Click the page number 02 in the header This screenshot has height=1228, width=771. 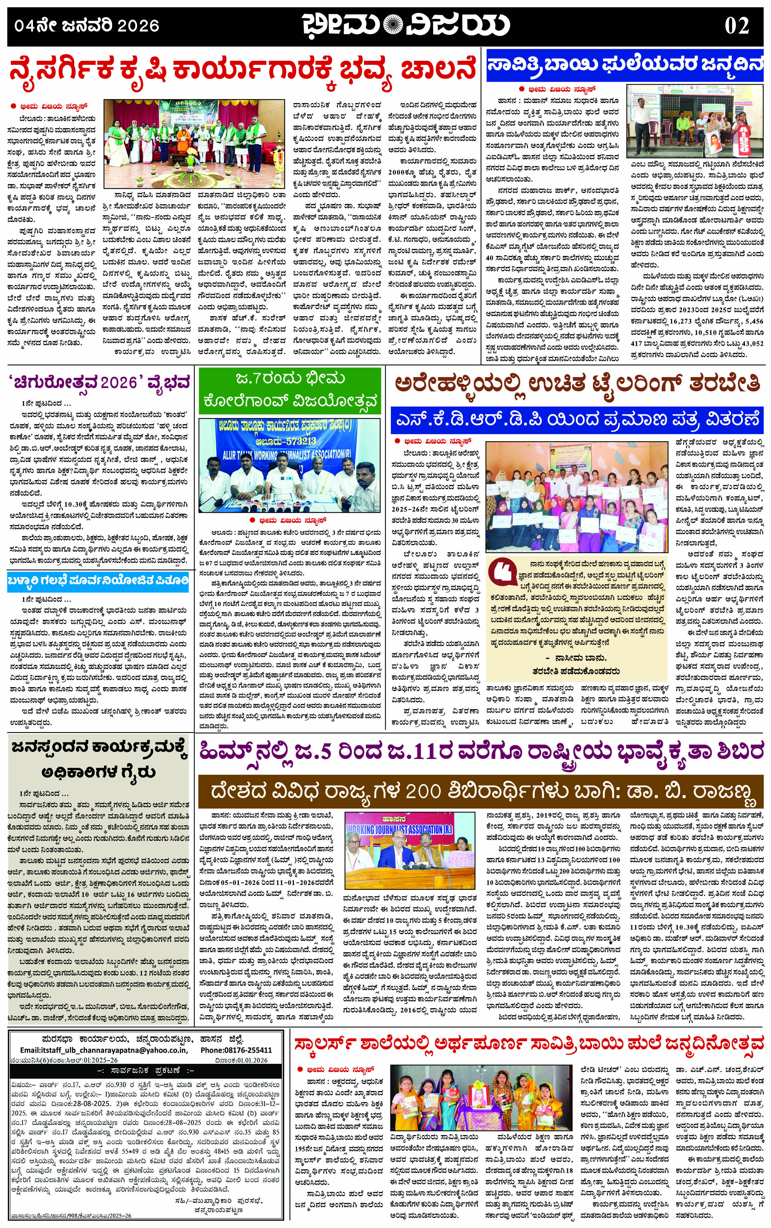point(736,25)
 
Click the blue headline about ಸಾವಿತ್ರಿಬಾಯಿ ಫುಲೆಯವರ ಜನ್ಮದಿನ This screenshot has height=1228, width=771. point(625,67)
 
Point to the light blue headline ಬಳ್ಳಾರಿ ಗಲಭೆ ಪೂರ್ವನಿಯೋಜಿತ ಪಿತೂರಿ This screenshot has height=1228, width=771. point(98,580)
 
